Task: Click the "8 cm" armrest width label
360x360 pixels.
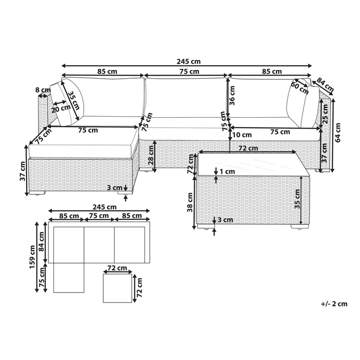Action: pos(42,91)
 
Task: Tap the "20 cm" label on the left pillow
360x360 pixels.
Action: pos(61,109)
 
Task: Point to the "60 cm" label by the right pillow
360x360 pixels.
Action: pos(300,88)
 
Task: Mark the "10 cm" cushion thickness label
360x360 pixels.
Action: pos(242,135)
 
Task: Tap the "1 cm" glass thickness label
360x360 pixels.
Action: pos(226,172)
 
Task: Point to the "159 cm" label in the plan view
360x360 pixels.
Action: pos(32,256)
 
